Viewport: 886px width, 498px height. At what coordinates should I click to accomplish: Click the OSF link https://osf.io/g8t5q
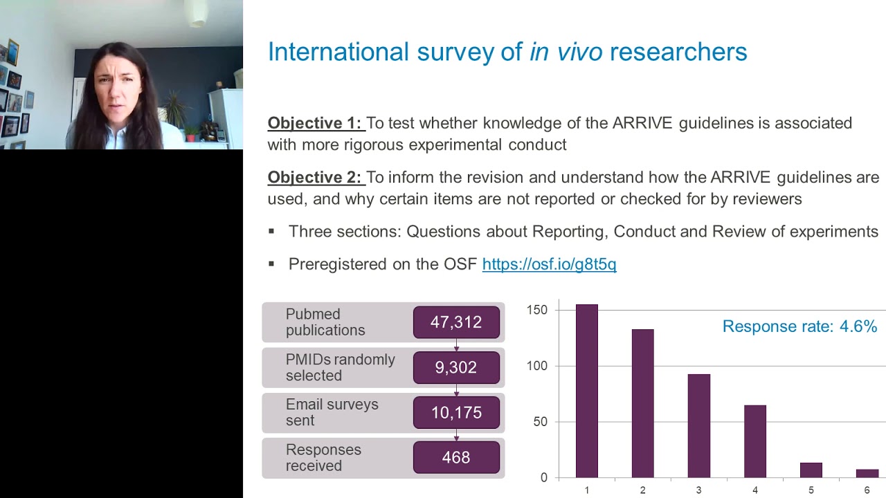tap(549, 264)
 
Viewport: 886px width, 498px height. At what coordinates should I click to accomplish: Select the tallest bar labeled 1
tap(586, 391)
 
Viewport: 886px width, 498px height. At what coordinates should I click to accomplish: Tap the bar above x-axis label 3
tap(698, 425)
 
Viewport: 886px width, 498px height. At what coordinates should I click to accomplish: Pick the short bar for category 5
tap(811, 470)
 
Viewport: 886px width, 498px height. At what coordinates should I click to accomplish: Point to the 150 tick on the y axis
tap(537, 310)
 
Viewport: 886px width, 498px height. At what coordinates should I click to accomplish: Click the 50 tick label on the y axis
tap(540, 422)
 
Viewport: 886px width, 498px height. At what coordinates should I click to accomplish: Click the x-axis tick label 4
tap(755, 490)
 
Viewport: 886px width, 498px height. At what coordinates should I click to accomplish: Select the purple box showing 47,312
tap(456, 322)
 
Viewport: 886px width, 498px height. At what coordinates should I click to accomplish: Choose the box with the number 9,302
tap(456, 367)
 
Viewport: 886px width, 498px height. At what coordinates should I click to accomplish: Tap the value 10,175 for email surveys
tap(456, 412)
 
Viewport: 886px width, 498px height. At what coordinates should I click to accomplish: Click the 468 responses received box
tap(456, 457)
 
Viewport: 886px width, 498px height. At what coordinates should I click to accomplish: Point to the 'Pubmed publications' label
tap(325, 322)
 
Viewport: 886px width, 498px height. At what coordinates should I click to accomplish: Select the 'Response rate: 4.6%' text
tap(799, 326)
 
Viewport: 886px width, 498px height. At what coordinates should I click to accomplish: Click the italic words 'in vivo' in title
tap(566, 52)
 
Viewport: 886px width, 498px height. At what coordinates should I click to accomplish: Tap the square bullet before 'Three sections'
tap(271, 232)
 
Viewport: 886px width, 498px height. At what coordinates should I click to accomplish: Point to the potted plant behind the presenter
tap(174, 111)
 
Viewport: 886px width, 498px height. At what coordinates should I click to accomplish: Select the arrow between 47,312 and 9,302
tap(456, 345)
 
